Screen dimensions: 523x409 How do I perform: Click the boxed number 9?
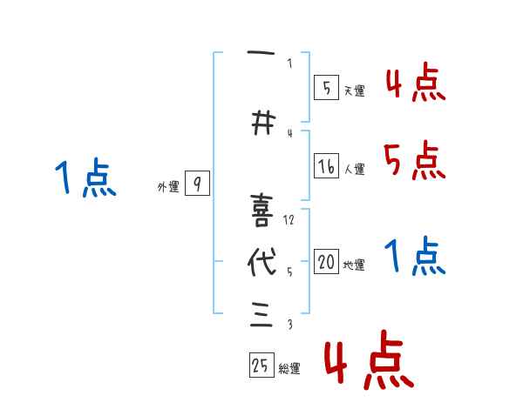click(197, 184)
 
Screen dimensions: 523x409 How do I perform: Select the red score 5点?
click(414, 160)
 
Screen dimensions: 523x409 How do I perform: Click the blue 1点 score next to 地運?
click(414, 257)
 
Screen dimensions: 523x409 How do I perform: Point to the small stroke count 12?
click(289, 219)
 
